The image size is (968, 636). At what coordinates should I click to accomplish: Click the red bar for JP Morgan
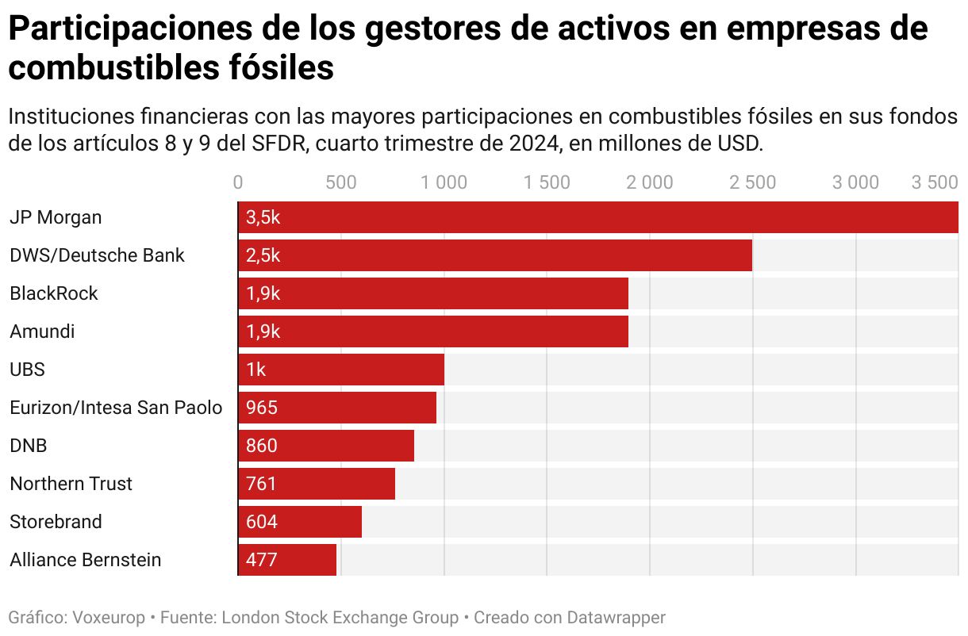tap(597, 217)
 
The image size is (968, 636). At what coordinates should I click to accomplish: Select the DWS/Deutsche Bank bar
tap(494, 255)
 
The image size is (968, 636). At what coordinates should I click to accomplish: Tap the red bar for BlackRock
tap(432, 293)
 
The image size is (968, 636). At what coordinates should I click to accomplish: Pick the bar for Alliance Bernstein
tap(287, 560)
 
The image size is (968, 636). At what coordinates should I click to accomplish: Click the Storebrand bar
tap(300, 522)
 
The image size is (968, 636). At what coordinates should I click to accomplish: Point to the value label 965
tap(262, 408)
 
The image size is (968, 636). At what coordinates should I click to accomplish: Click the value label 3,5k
tap(263, 217)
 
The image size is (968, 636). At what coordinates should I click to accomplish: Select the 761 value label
tap(262, 484)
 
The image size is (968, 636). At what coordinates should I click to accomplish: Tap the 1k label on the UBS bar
tap(255, 370)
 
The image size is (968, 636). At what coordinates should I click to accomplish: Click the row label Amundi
tap(42, 331)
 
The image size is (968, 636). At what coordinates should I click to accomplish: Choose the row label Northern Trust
tap(71, 484)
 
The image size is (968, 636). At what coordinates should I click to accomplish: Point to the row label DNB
tap(29, 446)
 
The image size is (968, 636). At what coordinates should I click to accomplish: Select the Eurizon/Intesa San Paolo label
tap(116, 408)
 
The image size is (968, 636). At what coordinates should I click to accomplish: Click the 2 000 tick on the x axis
tap(649, 182)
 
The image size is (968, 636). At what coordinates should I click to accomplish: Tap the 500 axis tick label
tap(341, 182)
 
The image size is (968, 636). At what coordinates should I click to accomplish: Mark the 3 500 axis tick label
tap(935, 182)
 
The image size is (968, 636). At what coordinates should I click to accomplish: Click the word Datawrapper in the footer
tap(616, 617)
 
